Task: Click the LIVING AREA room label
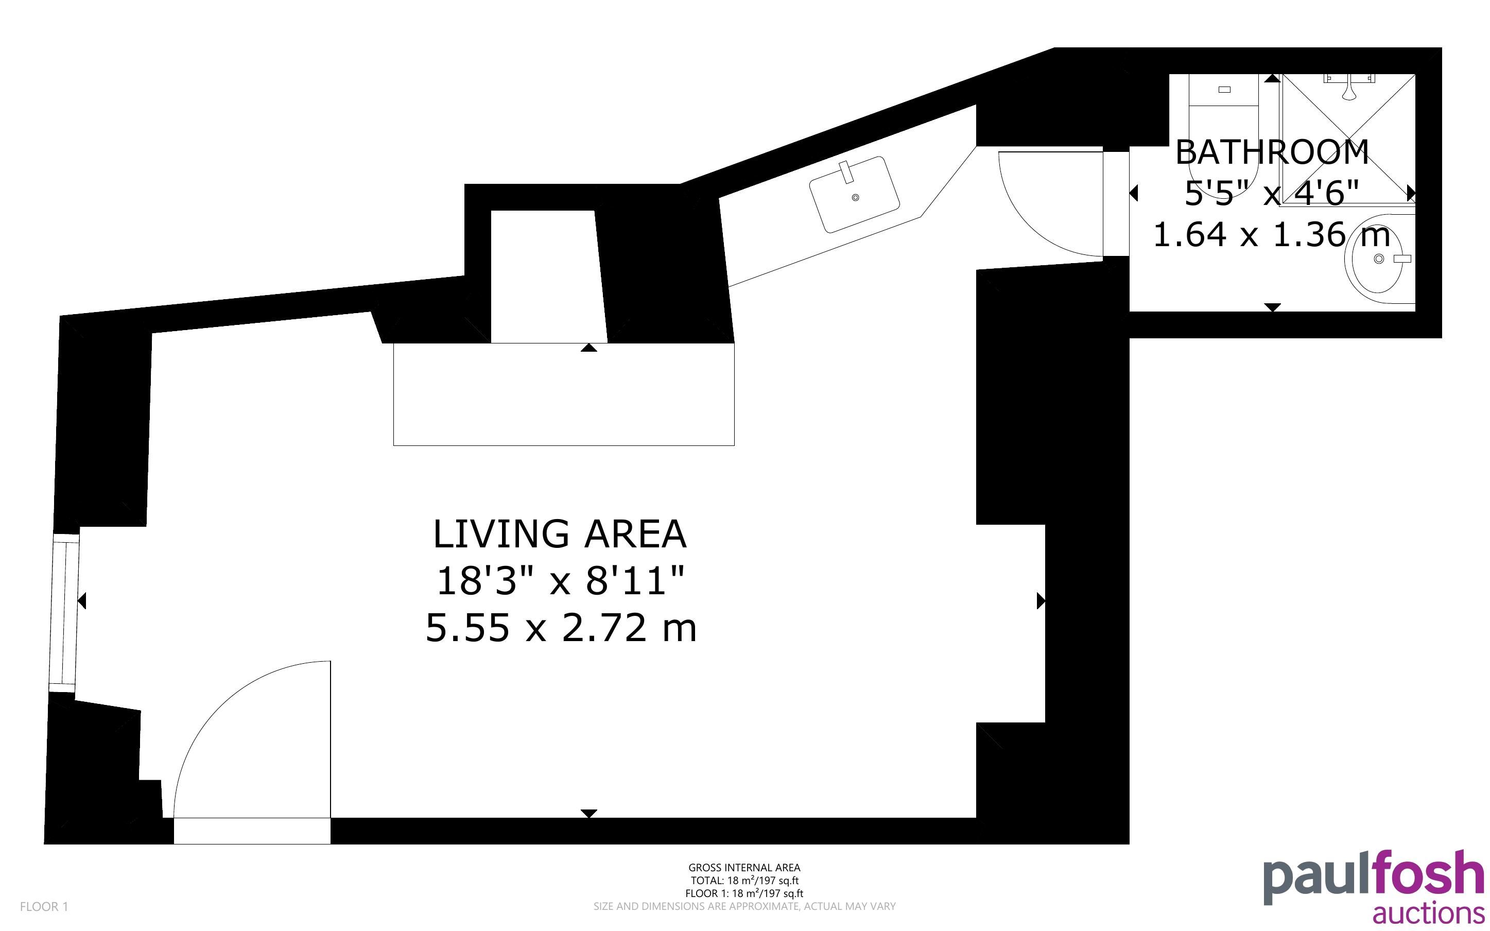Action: coord(560,533)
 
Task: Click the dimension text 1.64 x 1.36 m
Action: coord(1272,235)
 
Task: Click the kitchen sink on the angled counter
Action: coord(854,194)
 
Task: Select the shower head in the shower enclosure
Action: coord(1348,88)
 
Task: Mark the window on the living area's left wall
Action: coord(64,613)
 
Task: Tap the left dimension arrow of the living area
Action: coord(82,600)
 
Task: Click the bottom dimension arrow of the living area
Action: coord(589,814)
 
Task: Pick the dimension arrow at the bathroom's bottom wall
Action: coord(1272,307)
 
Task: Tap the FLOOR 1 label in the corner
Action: coord(44,906)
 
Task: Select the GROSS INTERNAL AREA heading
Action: coord(744,868)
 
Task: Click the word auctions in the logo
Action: coord(1428,912)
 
